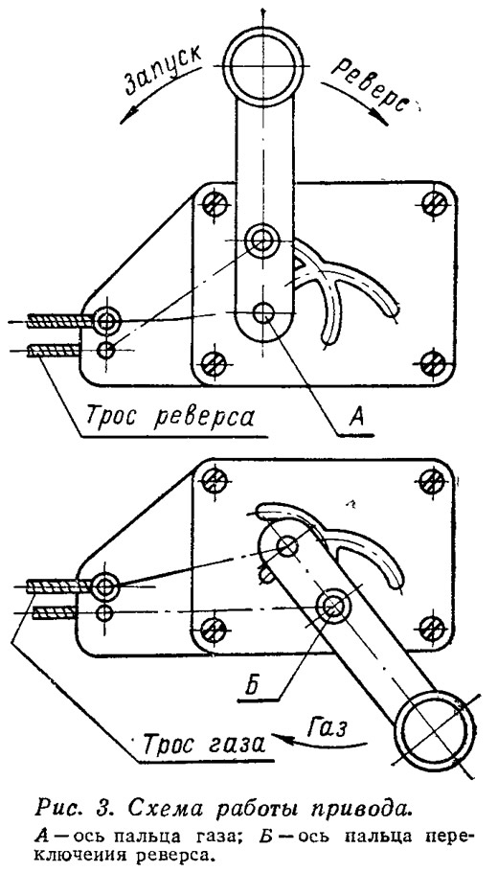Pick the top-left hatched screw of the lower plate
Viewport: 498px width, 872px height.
[x=212, y=478]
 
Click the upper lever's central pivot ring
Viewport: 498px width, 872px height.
[x=260, y=241]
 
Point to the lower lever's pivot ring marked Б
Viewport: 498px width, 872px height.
[x=331, y=606]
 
